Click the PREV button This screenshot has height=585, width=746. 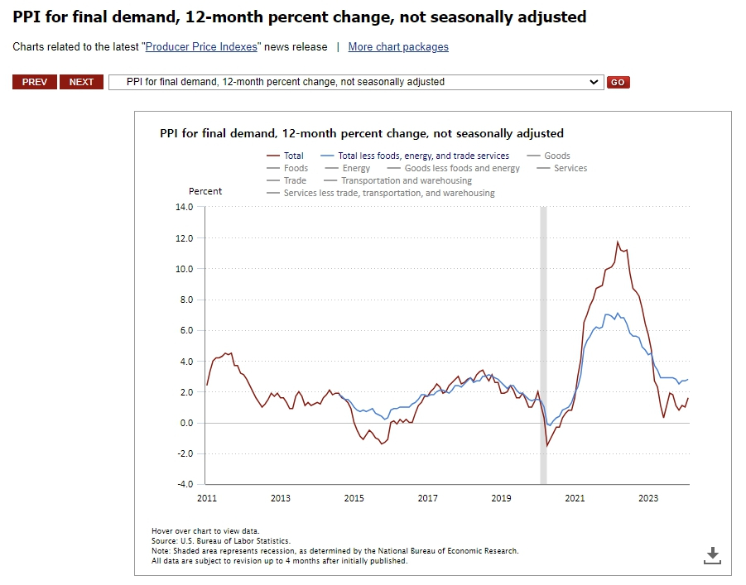tap(35, 82)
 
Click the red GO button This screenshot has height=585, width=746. tap(618, 82)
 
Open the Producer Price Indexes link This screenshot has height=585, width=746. tap(202, 47)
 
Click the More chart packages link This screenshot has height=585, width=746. tap(398, 47)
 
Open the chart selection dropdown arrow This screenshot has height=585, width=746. tap(593, 82)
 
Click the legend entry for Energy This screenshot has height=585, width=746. tap(356, 168)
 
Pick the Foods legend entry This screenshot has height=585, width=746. tap(296, 168)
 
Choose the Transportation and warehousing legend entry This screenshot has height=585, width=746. tap(407, 180)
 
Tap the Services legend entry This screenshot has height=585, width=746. tap(570, 168)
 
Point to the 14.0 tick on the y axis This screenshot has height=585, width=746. tap(184, 207)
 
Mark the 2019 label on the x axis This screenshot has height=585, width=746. tap(501, 498)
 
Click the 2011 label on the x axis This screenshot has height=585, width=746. tap(206, 498)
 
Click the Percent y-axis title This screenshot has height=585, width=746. tap(205, 191)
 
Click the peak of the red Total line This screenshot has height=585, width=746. tap(618, 242)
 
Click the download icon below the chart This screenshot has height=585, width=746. tap(712, 555)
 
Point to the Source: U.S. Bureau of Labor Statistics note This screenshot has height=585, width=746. tap(221, 541)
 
